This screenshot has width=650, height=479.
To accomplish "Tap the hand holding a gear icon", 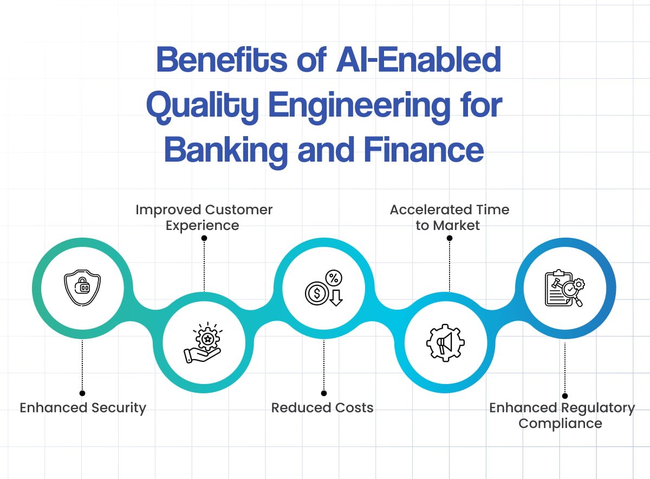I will click(x=203, y=343).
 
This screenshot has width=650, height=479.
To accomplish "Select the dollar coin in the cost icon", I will click(x=315, y=293).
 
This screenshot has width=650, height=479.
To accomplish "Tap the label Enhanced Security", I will click(x=83, y=408).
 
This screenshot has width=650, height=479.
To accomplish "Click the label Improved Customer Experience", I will click(x=204, y=217).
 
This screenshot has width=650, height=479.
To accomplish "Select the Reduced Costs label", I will click(x=322, y=408).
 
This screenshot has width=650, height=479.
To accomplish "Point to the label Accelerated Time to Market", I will click(x=449, y=217).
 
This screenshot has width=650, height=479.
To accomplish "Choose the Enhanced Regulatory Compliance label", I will click(x=562, y=416).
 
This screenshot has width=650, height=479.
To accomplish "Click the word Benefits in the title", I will click(x=222, y=61).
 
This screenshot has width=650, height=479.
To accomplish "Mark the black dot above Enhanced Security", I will click(x=82, y=393).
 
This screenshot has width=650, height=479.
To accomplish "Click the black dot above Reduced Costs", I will click(x=323, y=393).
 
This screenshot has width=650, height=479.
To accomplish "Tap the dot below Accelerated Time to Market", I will click(x=449, y=237).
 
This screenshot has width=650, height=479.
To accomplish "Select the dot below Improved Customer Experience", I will click(x=204, y=237).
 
